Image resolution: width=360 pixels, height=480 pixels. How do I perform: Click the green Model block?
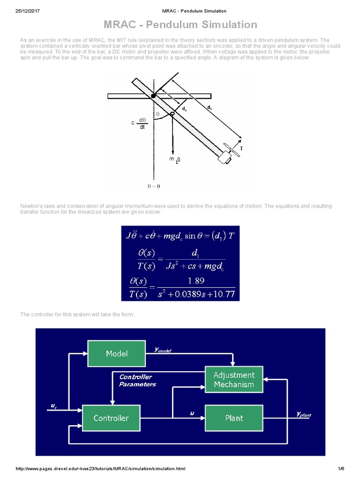[x=117, y=354]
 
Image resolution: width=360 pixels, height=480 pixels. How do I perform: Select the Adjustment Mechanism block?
[x=233, y=380]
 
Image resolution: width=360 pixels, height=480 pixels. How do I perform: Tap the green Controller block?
[x=111, y=418]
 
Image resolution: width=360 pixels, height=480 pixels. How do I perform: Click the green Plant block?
[x=233, y=418]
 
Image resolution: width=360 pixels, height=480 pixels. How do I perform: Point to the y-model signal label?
[x=163, y=350]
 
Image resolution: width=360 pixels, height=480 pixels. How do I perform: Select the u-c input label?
[x=54, y=405]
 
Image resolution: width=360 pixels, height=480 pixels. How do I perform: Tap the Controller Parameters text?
[x=137, y=381]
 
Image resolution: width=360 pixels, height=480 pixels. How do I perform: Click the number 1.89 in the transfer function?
[x=196, y=281]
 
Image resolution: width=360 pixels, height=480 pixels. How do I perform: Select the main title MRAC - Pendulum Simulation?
[x=180, y=25]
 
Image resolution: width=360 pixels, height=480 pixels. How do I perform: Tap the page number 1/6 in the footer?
[x=341, y=469]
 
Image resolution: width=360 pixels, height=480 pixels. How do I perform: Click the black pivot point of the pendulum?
[x=153, y=96]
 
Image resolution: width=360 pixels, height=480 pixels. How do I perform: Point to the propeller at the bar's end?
[x=230, y=150]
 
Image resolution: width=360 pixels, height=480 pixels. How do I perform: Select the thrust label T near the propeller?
[x=241, y=148]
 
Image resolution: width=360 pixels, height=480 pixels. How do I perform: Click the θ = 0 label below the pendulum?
[x=153, y=186]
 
